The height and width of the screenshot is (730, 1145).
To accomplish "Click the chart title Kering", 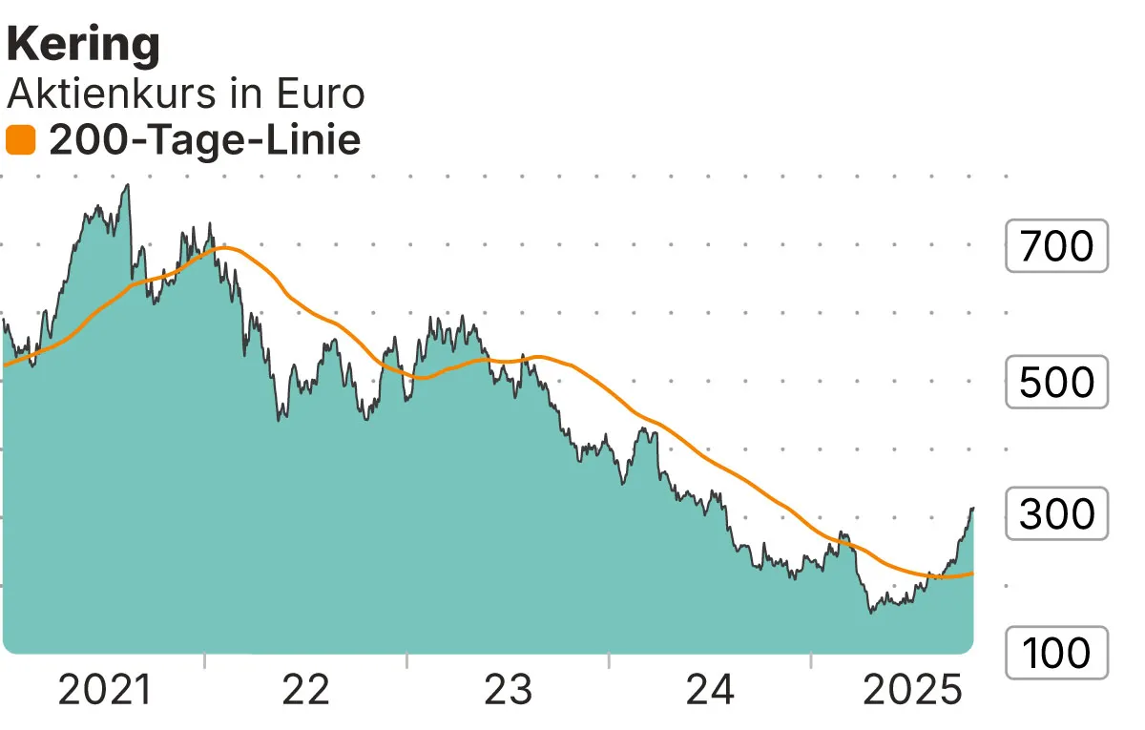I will click(x=84, y=45).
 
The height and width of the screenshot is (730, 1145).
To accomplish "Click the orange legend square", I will click(x=21, y=141).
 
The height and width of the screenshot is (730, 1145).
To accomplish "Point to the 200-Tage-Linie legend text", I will click(x=204, y=141).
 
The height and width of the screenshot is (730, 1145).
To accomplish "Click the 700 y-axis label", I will click(x=1056, y=246).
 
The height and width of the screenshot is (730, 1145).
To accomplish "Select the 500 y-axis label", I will click(x=1056, y=382).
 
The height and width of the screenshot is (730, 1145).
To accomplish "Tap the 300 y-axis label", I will click(x=1056, y=514).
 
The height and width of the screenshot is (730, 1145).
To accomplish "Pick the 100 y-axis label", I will click(x=1056, y=653).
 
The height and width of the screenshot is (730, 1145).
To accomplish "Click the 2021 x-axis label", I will click(x=104, y=690).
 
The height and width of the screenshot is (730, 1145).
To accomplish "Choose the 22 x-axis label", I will click(x=306, y=690).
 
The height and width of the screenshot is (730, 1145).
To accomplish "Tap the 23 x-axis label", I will click(x=509, y=690).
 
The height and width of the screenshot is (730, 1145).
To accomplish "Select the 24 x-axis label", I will click(x=711, y=690).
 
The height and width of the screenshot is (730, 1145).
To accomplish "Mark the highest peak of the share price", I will click(x=127, y=185).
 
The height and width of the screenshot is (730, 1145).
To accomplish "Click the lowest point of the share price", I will click(x=871, y=612).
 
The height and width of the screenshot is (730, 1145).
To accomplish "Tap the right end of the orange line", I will click(x=972, y=573).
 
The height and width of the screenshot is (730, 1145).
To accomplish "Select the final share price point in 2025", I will click(x=972, y=509).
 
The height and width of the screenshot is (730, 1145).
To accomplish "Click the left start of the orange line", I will click(x=5, y=365).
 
